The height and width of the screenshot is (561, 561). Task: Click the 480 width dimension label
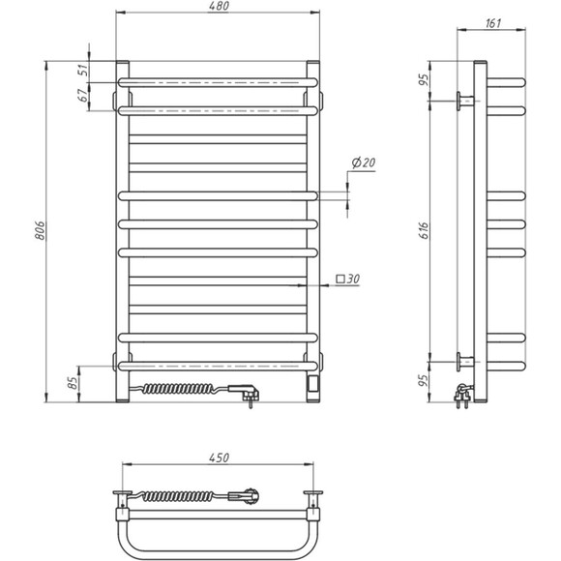pos(218,9)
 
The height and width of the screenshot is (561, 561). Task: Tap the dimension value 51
pos(83,70)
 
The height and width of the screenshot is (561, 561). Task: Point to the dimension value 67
pos(83,95)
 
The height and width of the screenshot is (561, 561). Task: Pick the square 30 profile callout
pos(348,280)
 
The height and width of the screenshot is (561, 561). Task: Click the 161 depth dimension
pos(493,24)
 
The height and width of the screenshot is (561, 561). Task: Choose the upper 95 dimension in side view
pos(424,79)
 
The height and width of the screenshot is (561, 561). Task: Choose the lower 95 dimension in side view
pos(424,380)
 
